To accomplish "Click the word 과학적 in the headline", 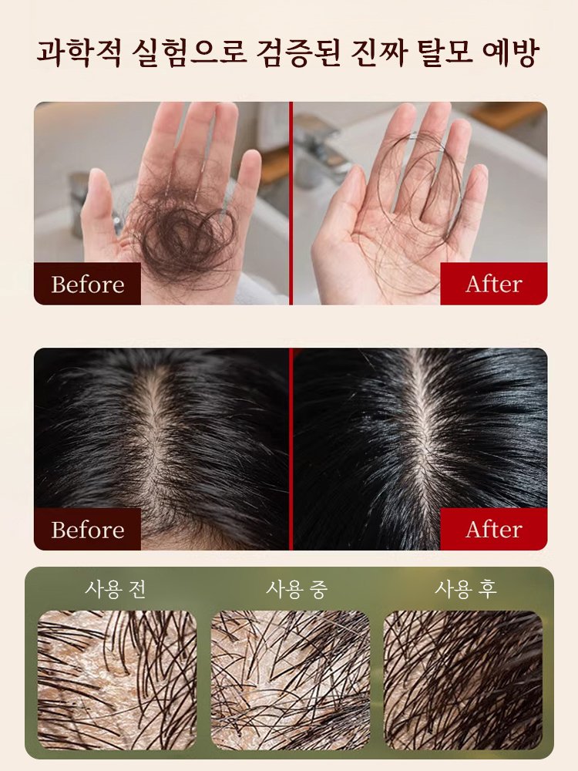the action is click(x=79, y=53).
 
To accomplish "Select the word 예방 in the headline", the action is click(x=511, y=53).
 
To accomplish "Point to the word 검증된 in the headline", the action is click(x=298, y=53).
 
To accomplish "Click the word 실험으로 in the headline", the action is click(x=189, y=53).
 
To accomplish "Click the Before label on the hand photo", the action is click(x=88, y=284).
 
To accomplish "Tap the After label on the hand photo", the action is click(x=493, y=284).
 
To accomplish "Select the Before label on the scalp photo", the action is click(x=88, y=530).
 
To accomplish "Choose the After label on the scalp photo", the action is click(x=493, y=530).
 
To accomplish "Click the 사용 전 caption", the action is click(x=116, y=588).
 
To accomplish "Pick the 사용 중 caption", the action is click(x=297, y=588).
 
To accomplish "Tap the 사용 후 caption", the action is click(x=465, y=588).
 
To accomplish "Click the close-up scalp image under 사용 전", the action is click(x=117, y=680).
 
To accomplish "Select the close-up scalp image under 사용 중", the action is click(x=291, y=680).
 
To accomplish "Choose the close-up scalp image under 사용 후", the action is click(x=463, y=680).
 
